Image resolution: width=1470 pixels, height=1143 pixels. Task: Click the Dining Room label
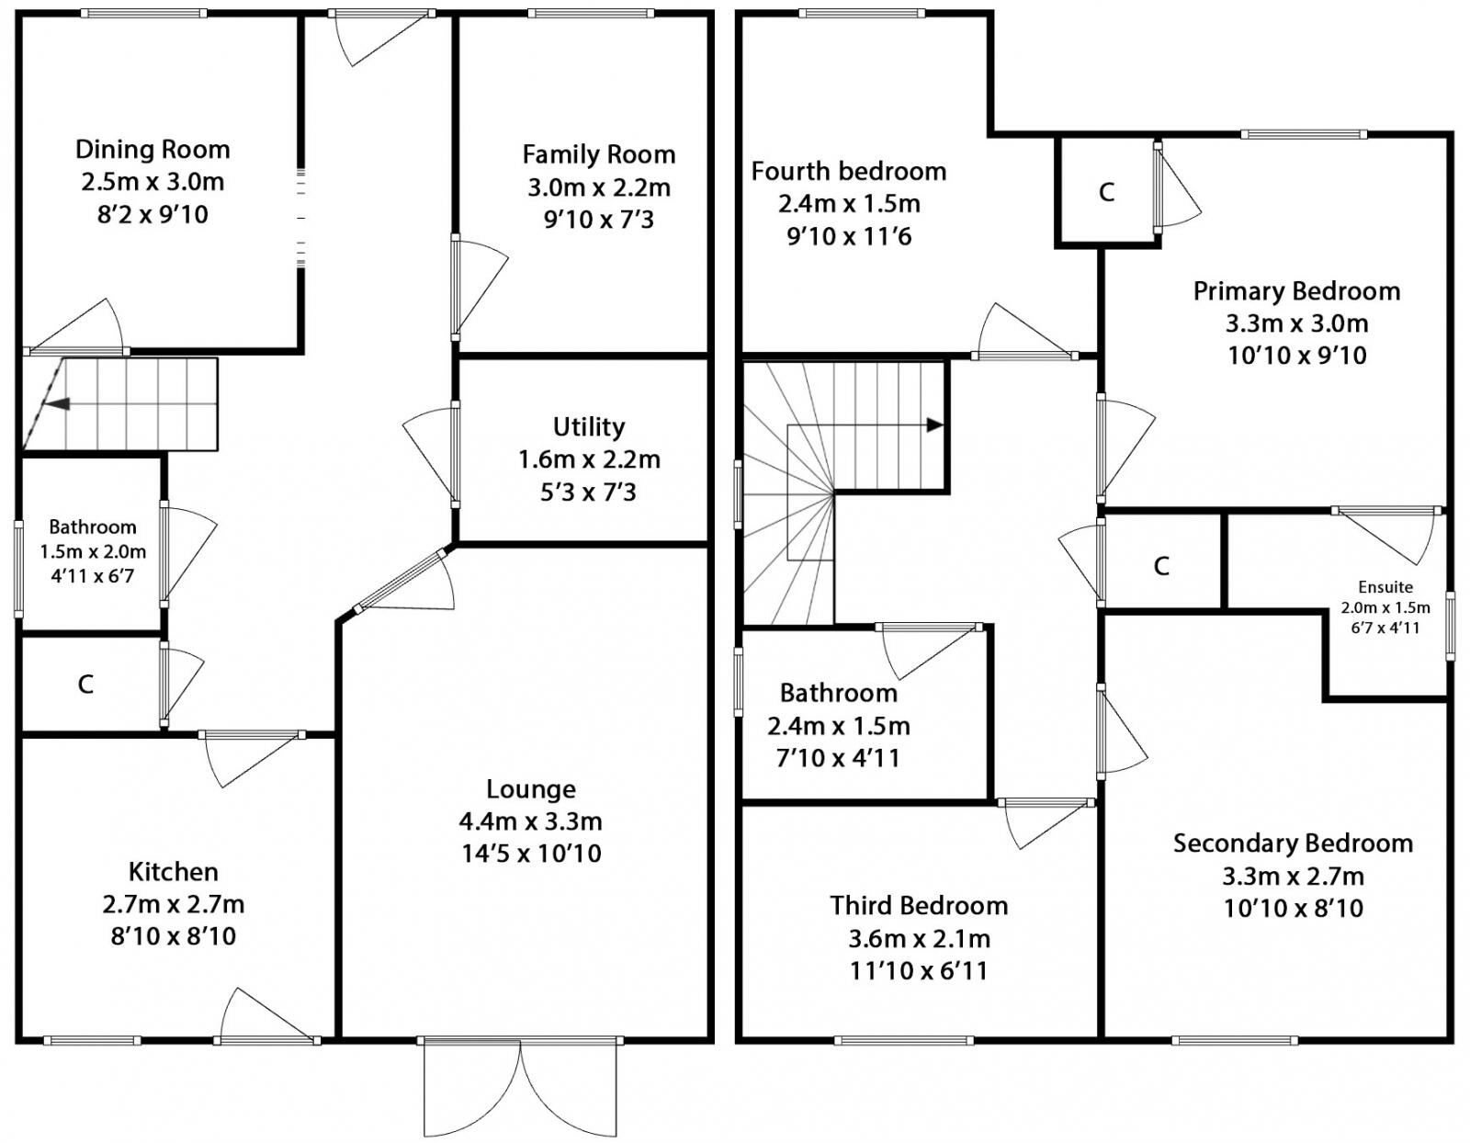click(x=153, y=149)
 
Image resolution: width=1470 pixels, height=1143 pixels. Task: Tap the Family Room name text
click(x=598, y=154)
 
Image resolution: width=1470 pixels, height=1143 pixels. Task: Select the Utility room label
click(x=588, y=426)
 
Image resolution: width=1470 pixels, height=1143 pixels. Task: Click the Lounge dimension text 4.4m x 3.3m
click(x=530, y=820)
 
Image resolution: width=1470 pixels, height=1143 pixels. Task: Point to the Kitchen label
click(x=173, y=871)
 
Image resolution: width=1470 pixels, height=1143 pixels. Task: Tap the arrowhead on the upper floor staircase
click(x=934, y=424)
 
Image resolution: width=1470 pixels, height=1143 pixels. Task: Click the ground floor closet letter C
click(x=85, y=684)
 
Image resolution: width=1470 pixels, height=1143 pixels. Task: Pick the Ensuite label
click(x=1385, y=587)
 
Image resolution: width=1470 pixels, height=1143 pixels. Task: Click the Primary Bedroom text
click(x=1296, y=291)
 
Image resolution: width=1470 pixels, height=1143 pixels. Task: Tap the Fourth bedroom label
click(x=848, y=171)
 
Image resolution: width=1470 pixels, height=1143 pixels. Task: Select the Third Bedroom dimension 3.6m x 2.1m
click(x=919, y=938)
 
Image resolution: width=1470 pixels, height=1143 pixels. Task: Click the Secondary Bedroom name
click(x=1293, y=843)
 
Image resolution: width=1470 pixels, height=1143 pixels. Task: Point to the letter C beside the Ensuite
click(x=1161, y=565)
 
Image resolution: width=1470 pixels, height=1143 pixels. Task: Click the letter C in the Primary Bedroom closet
click(x=1106, y=191)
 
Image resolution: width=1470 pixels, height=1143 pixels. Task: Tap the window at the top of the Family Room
click(x=591, y=13)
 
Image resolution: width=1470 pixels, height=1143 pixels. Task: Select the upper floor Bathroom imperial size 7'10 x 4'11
click(x=837, y=758)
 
